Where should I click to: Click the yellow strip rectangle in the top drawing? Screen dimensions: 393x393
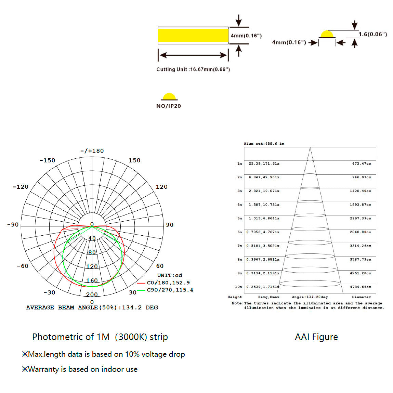point(193,36)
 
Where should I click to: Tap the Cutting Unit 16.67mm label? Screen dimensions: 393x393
point(193,69)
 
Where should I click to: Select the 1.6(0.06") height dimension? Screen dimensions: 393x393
point(373,34)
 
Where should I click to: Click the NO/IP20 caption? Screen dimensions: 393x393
point(169,106)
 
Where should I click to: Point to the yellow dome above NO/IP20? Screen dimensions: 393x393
point(169,96)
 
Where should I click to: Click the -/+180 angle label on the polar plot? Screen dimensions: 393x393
point(92,151)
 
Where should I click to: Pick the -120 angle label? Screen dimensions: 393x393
point(21,187)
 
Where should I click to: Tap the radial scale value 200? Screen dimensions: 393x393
point(92,294)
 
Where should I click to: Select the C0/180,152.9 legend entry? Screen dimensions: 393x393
point(168,283)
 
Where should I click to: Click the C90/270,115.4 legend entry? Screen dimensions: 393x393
point(170,290)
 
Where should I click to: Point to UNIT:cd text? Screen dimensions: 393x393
point(170,275)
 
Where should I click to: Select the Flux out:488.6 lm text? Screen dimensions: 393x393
point(264,144)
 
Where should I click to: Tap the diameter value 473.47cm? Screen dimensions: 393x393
point(362,163)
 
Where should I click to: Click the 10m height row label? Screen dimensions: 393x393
point(238,287)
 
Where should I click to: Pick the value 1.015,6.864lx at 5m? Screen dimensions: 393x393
point(264,218)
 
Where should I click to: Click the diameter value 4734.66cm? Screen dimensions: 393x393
point(361,287)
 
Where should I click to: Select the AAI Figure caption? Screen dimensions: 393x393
point(316,337)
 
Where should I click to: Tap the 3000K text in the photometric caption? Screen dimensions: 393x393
point(131,337)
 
